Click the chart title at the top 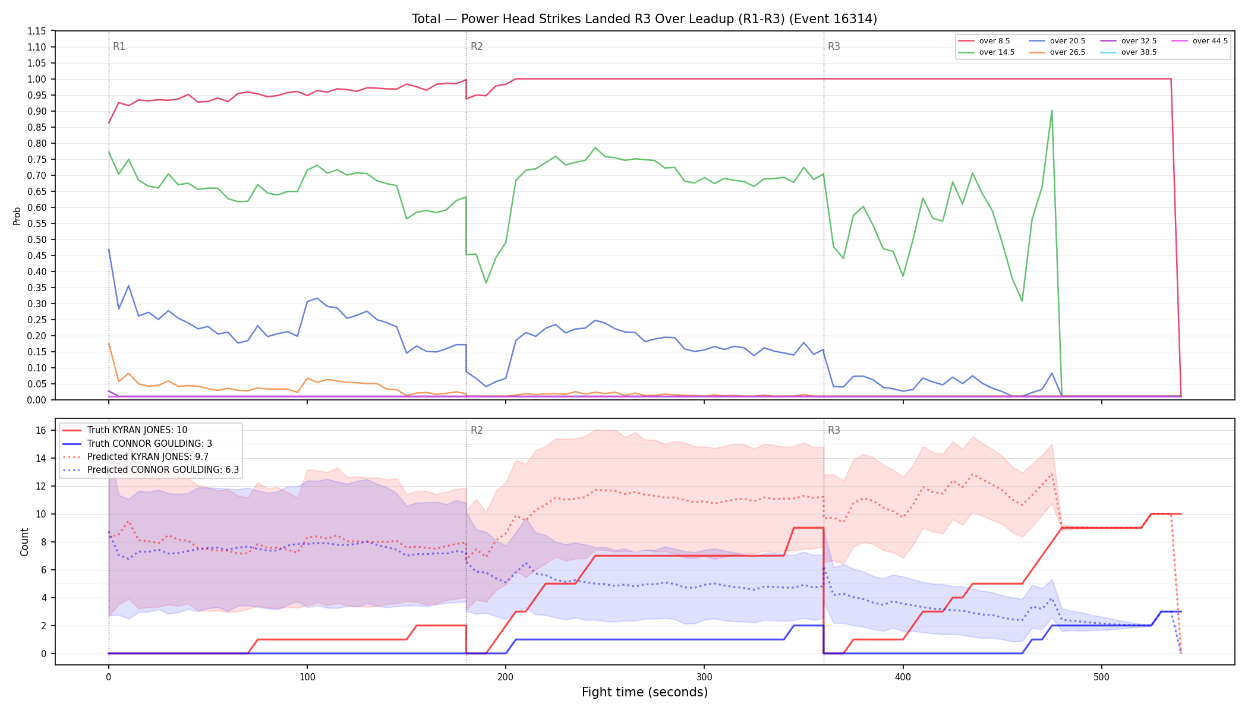click(x=644, y=19)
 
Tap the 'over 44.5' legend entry click(x=1200, y=41)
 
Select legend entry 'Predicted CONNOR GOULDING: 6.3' click(x=151, y=470)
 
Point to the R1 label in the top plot click(x=119, y=46)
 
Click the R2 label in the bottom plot click(x=477, y=430)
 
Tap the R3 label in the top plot click(x=834, y=46)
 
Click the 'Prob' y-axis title click(x=17, y=216)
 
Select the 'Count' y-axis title click(x=24, y=542)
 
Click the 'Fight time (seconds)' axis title click(x=645, y=692)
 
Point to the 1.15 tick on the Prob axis click(x=37, y=31)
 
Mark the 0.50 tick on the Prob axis click(x=37, y=239)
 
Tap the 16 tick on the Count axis click(x=41, y=430)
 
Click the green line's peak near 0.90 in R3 click(x=1051, y=111)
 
